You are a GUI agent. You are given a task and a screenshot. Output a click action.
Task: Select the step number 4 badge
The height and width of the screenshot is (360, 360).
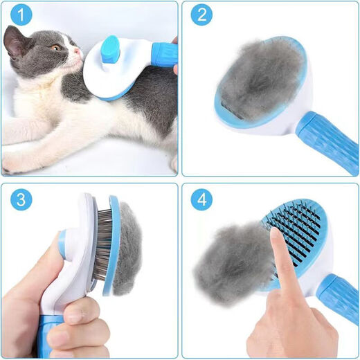point(201,200)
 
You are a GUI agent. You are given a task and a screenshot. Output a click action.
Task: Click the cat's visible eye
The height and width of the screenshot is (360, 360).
point(55,46)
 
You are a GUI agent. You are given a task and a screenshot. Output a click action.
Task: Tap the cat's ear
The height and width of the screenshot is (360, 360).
point(15,42)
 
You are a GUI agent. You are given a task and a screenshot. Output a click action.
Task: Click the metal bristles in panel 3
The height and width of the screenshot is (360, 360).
point(102,246)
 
